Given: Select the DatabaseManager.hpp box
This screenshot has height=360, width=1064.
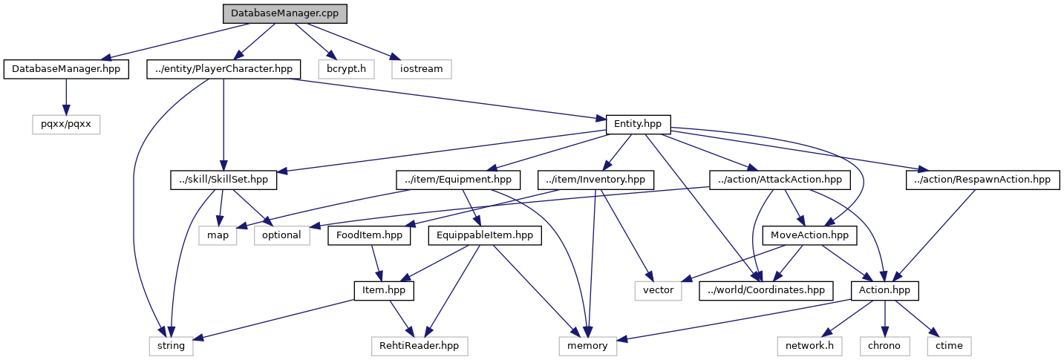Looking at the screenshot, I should (66, 69).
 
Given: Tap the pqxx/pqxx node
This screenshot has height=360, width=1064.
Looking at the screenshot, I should (66, 124).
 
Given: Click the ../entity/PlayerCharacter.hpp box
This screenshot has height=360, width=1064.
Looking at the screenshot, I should (223, 69).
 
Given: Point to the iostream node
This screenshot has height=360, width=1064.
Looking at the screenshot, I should (421, 69).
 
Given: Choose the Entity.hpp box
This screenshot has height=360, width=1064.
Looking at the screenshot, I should (639, 124).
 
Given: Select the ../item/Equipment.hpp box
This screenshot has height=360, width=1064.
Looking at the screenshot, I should (458, 180).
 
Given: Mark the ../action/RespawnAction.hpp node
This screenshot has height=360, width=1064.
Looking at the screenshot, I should (983, 180).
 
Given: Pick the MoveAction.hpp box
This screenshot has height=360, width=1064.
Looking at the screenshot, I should (810, 235).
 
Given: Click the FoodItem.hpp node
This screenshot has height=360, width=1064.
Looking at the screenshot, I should (370, 235).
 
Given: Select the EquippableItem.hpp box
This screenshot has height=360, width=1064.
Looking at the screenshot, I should (485, 235).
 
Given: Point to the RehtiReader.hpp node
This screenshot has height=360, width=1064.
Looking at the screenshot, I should (420, 345).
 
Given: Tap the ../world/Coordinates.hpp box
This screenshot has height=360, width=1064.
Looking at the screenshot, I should (766, 290).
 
